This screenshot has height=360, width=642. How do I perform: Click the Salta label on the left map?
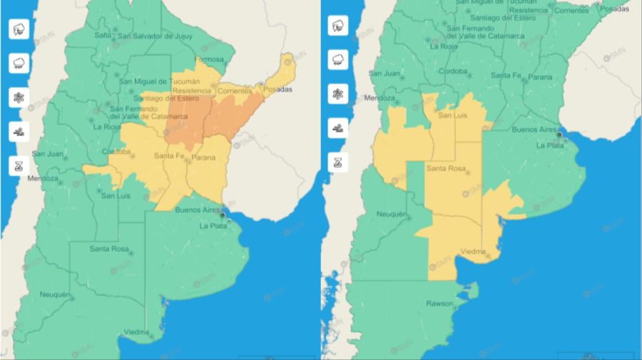click(x=103, y=35)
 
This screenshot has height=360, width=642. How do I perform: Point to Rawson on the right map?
click(x=439, y=304)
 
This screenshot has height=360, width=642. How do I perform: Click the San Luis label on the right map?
click(x=453, y=115)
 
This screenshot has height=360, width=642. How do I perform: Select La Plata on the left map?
click(x=213, y=226)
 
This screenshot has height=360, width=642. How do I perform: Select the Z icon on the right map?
click(x=338, y=161)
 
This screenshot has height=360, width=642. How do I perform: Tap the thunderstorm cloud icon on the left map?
click(x=19, y=29)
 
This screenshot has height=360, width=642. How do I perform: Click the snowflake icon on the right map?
click(x=338, y=95)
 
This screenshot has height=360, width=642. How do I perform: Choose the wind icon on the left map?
click(x=19, y=131)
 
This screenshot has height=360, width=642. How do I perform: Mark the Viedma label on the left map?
click(x=136, y=332)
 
